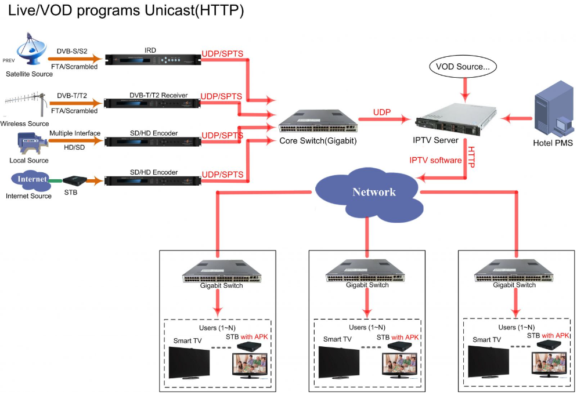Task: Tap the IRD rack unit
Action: (x=153, y=59)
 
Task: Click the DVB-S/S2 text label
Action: (x=73, y=50)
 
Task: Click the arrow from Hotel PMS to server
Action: (x=517, y=119)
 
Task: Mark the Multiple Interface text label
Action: (x=74, y=133)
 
